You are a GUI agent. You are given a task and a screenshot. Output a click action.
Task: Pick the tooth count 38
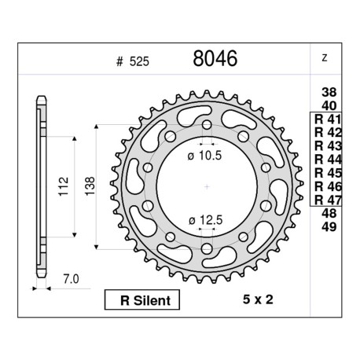(x=329, y=92)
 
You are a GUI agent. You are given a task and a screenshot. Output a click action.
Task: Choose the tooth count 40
(x=329, y=106)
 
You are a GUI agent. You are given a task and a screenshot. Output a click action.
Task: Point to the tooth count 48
(x=329, y=214)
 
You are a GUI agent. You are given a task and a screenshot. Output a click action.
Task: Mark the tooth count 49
(x=329, y=227)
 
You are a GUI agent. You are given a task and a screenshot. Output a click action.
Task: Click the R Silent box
(x=142, y=300)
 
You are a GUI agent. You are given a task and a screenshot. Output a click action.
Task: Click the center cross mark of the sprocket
(x=206, y=186)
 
